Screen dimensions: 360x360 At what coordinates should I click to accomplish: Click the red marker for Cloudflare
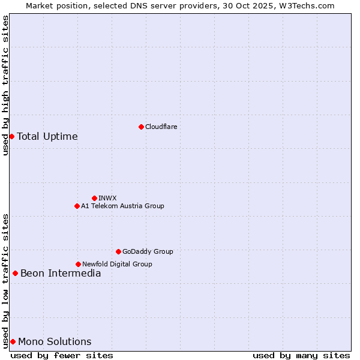point(141,127)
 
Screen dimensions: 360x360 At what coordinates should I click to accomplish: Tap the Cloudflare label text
point(161,127)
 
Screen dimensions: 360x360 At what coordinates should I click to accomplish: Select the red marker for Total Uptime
point(11,136)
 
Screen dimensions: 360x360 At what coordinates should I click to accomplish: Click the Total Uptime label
point(47,136)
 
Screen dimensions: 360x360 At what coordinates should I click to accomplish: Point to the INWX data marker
point(94,198)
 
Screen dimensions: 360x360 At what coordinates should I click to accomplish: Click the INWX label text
point(108,198)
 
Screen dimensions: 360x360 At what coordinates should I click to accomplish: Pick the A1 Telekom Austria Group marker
point(77,206)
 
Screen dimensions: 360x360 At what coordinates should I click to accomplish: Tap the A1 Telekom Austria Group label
point(122,206)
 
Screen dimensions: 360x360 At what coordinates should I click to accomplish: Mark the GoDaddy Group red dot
point(118,251)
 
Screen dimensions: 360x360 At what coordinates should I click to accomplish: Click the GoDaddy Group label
point(148,251)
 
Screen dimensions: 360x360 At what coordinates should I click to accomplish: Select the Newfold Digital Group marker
point(78,264)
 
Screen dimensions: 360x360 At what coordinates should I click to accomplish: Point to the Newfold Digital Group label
point(117,264)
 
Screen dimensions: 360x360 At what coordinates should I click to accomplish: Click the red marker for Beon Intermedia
point(15,274)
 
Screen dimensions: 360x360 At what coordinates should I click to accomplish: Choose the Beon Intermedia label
point(61,274)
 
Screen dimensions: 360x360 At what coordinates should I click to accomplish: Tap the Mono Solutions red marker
point(13,341)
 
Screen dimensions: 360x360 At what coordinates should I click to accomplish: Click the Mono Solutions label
point(55,342)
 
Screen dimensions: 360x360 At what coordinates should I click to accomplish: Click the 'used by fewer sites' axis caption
point(62,355)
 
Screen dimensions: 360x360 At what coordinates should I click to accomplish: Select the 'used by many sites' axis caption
point(301,355)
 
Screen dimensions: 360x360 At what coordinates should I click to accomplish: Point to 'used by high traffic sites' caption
point(5,86)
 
